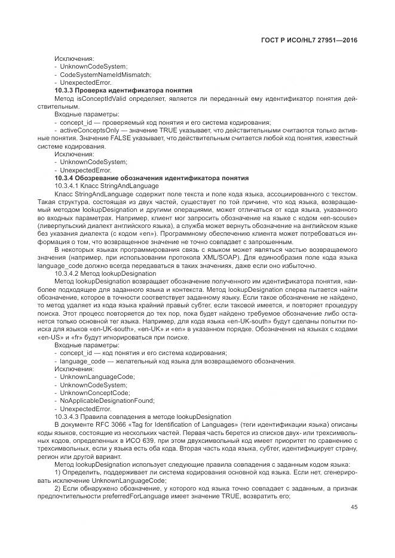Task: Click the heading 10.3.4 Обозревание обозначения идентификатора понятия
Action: tap(142, 178)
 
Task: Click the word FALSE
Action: tap(99, 138)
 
